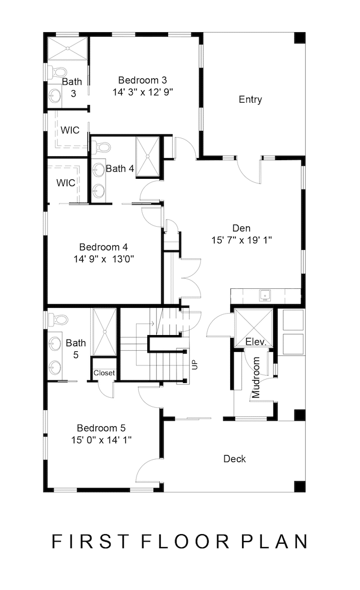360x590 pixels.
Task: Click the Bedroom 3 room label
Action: (142, 80)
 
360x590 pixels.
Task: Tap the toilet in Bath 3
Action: (58, 72)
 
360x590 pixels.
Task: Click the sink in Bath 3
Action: (55, 95)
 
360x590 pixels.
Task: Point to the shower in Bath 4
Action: (148, 156)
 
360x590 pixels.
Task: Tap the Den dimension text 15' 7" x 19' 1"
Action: (242, 240)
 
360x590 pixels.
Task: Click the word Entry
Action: (250, 99)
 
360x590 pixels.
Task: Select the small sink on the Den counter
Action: (265, 296)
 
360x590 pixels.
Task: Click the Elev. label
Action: (256, 342)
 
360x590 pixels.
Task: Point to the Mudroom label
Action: (256, 377)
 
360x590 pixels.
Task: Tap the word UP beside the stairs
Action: (195, 365)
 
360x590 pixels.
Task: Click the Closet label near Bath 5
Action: (104, 373)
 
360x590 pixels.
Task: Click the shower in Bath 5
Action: (105, 332)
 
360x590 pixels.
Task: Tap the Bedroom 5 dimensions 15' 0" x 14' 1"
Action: (102, 440)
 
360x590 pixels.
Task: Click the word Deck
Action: (235, 459)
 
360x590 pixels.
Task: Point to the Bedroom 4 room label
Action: (104, 247)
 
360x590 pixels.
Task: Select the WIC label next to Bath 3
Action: (70, 130)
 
